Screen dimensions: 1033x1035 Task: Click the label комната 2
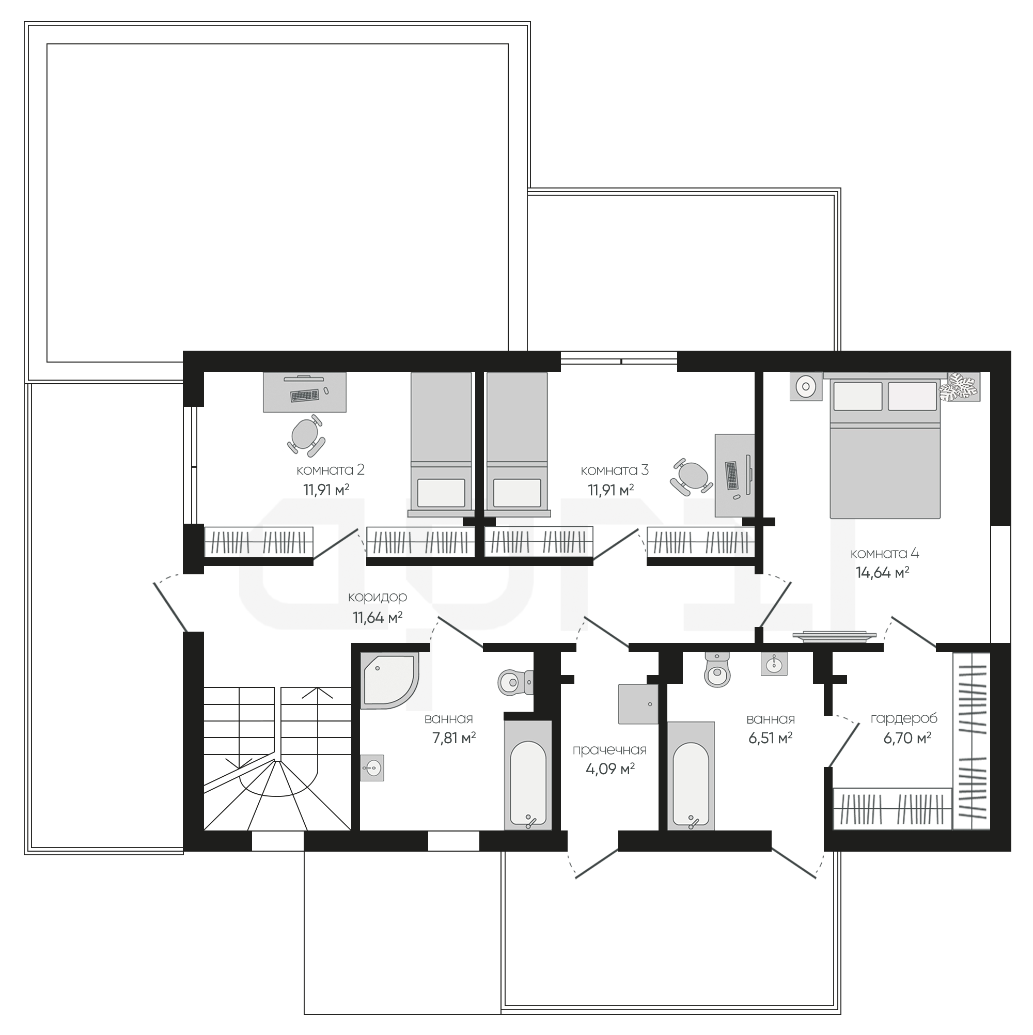[x=330, y=471]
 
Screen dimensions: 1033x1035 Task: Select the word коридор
[x=377, y=598]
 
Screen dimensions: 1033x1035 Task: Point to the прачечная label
[x=609, y=750]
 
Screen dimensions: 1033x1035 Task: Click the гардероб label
[x=904, y=719]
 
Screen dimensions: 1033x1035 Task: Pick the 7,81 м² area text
[x=454, y=738]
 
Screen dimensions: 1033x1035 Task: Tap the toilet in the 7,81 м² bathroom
[x=515, y=682]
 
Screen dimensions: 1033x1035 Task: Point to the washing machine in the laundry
[x=638, y=704]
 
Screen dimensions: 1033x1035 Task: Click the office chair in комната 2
[x=306, y=433]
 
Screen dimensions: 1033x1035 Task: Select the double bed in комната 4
[x=885, y=446]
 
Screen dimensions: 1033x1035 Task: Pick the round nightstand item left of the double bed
[x=806, y=386]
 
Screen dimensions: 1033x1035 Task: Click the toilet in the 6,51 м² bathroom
[x=717, y=670]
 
